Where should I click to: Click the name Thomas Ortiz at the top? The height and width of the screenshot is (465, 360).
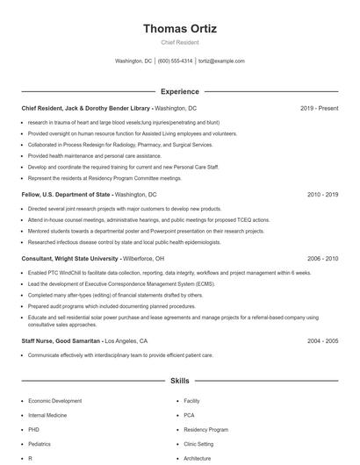point(180,29)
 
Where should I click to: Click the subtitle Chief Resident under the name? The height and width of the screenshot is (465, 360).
point(180,42)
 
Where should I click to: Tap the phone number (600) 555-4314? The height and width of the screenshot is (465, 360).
point(175,61)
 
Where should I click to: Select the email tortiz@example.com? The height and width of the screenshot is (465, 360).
point(221,61)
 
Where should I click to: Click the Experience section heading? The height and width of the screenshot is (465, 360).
point(180,91)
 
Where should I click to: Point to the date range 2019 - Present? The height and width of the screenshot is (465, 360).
point(319,108)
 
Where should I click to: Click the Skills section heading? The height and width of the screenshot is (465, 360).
point(180,382)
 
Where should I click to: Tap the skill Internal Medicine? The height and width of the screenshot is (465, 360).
point(49,415)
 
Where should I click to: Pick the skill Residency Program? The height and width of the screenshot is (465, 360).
point(205,430)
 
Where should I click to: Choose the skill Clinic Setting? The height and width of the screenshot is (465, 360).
point(200,444)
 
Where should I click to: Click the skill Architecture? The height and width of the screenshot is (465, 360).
point(198,459)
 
